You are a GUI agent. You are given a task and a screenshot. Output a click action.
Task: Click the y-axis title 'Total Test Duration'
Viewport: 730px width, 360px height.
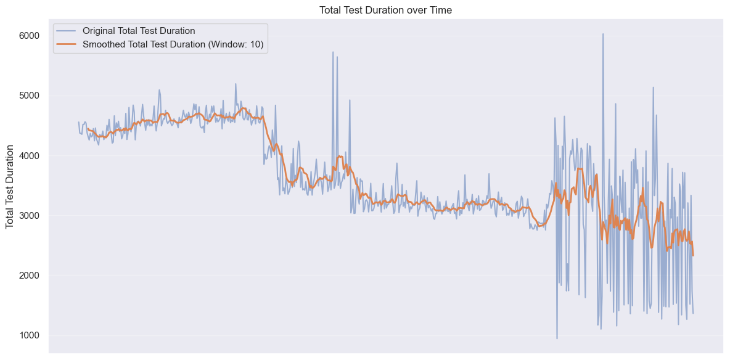pos(10,186)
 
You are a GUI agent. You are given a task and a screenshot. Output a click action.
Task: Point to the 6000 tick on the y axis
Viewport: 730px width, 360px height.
pos(28,36)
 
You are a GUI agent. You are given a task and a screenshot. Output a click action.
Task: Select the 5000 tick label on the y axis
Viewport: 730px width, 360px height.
pos(28,96)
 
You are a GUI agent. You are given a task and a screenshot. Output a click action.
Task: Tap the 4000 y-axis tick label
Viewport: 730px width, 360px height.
pos(28,155)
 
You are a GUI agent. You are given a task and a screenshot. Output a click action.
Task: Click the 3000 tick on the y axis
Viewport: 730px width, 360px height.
pos(28,215)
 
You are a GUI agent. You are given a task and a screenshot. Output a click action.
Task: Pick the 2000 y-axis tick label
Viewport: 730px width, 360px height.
pos(28,276)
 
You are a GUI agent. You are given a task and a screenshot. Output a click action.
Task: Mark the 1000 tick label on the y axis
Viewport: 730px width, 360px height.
pos(28,335)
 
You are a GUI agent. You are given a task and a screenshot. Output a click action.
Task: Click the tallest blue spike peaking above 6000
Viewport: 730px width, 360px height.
pos(603,34)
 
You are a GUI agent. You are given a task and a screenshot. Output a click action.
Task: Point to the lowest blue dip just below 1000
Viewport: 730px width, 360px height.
pos(557,338)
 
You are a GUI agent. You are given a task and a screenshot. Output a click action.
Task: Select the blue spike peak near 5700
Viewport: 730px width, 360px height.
pos(333,52)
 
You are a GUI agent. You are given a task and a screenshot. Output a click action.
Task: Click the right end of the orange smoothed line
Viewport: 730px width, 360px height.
pos(693,255)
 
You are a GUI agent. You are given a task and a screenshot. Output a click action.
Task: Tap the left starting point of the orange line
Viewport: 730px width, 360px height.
pos(88,129)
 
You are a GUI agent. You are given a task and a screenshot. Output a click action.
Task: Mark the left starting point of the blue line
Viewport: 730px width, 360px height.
pos(78,122)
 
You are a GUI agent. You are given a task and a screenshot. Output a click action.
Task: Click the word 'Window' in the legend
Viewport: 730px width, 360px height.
pos(229,44)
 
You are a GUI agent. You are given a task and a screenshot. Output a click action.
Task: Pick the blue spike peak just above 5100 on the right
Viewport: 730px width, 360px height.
pos(653,88)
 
